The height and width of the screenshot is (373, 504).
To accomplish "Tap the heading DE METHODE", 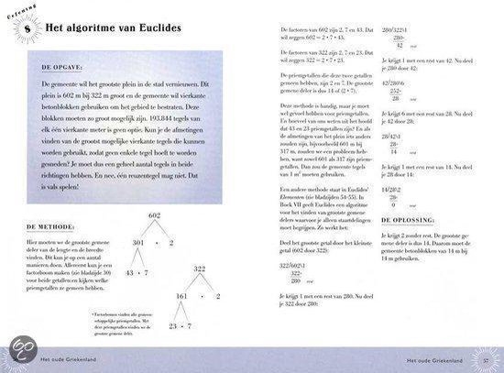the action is click(42, 225).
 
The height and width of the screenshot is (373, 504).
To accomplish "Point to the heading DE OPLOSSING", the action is click(411, 220).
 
